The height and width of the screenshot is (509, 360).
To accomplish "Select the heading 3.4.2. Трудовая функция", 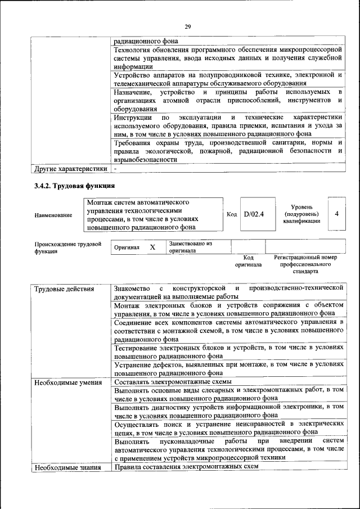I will pyautogui.click(x=75, y=185).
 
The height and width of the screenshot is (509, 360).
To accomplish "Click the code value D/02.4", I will pyautogui.click(x=254, y=214).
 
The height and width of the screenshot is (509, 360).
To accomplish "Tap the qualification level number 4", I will pyautogui.click(x=336, y=214).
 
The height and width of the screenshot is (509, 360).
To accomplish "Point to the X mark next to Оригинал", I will pyautogui.click(x=152, y=247).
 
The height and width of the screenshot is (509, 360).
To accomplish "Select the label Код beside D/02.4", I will pyautogui.click(x=232, y=214).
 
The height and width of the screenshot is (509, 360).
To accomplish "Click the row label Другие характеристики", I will pyautogui.click(x=70, y=168).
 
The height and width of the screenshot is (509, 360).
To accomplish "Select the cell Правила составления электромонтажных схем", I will pyautogui.click(x=186, y=467).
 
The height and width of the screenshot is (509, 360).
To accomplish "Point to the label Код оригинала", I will pyautogui.click(x=248, y=260).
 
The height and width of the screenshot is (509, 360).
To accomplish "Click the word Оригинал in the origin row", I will pyautogui.click(x=127, y=247).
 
